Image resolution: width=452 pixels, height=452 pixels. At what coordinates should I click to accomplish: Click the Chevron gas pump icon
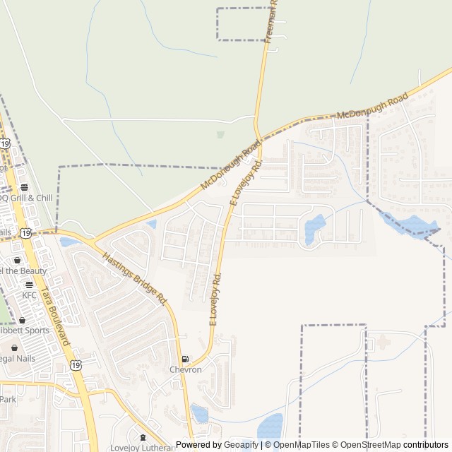185,359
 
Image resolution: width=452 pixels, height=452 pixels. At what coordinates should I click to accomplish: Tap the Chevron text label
185,369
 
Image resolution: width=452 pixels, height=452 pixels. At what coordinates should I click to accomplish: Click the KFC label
29,295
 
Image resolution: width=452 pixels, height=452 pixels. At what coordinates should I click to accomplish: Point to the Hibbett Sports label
24,330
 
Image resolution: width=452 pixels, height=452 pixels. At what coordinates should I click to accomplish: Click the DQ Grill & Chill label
25,198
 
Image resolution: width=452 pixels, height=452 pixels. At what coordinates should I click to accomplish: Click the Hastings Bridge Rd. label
135,279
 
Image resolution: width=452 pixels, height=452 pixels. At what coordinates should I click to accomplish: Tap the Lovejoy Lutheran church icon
143,438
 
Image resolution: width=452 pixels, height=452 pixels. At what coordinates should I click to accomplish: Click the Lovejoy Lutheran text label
141,448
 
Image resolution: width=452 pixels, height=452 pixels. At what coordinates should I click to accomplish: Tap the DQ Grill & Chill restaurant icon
25,188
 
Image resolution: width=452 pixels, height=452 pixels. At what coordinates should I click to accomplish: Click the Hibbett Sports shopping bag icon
22,320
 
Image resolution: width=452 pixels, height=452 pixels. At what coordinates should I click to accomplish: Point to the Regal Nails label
17,358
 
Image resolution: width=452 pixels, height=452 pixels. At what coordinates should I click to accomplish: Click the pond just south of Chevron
200,414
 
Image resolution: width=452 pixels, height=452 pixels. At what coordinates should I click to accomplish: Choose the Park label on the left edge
8,399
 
